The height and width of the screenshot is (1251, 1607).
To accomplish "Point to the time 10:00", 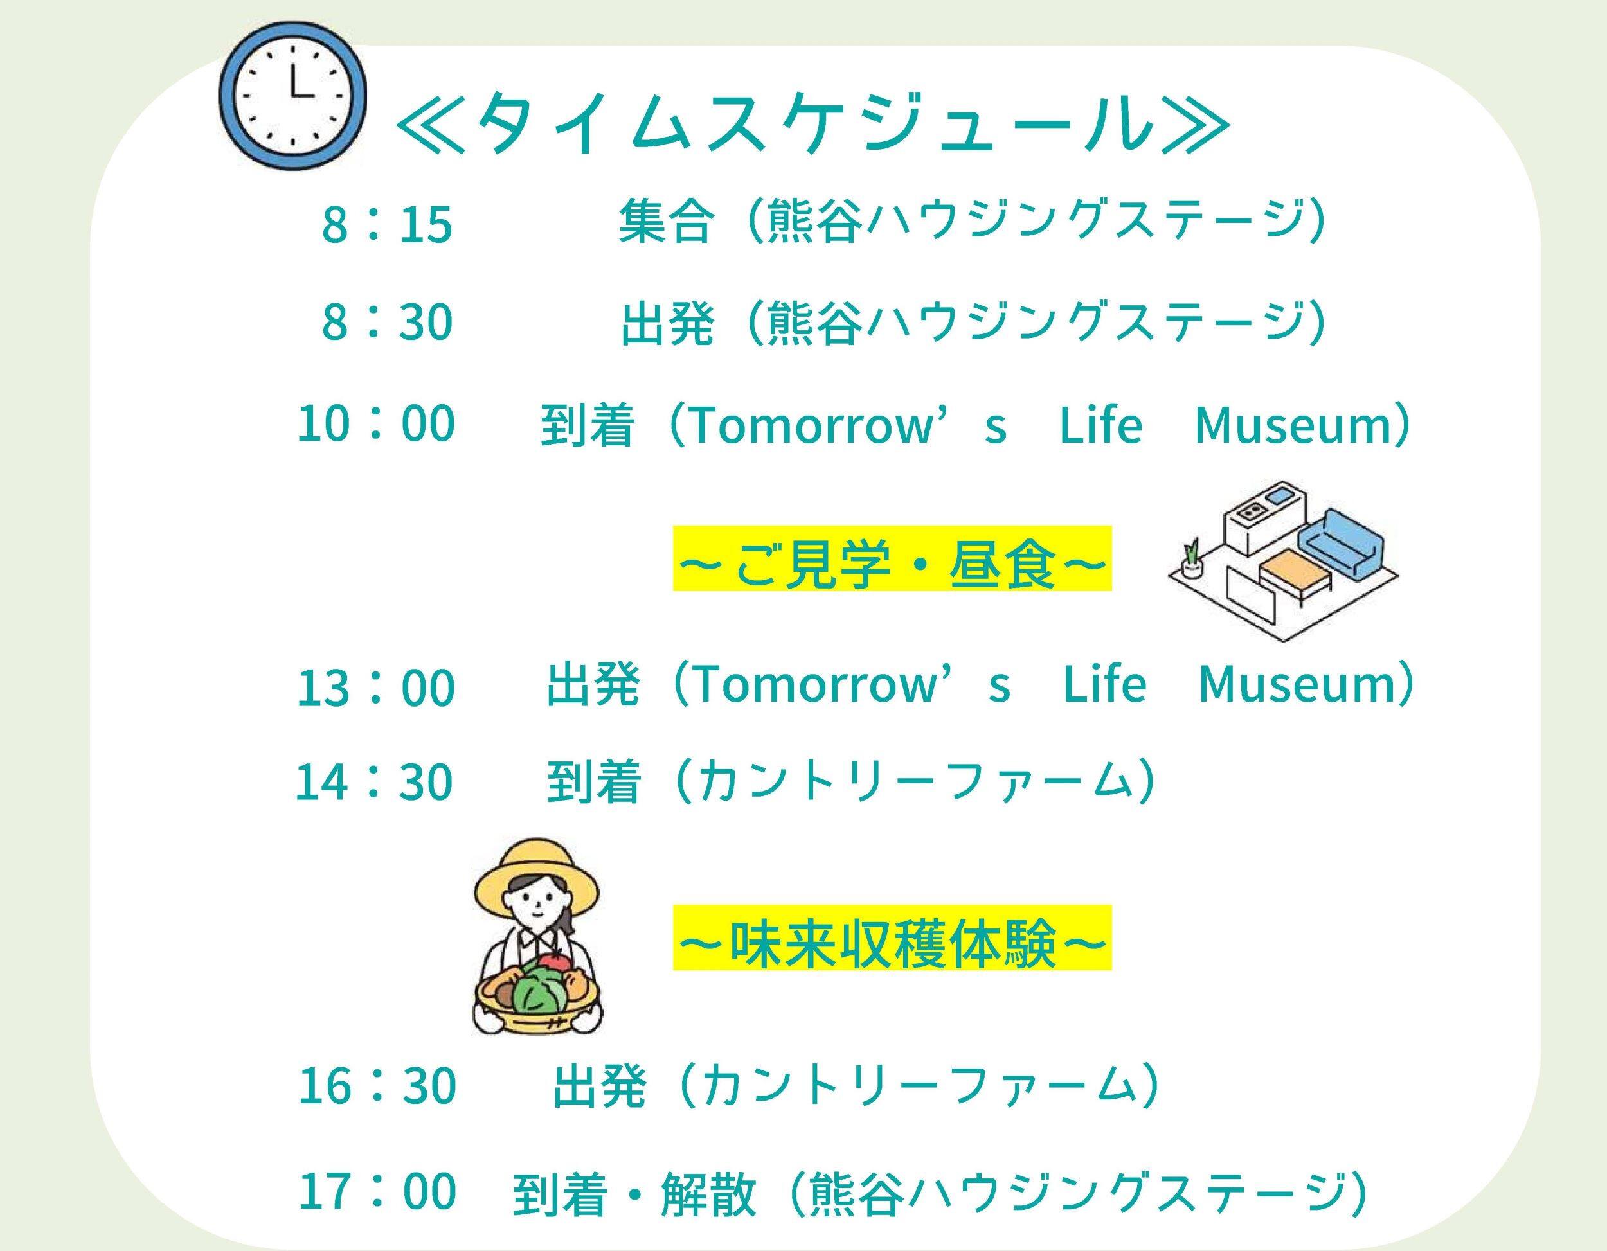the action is point(375,423).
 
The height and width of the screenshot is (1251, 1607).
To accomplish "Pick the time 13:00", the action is point(375,687).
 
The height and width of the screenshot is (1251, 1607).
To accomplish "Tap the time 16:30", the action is point(377,1085).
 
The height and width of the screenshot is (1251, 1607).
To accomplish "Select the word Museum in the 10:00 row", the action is point(1295,425).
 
